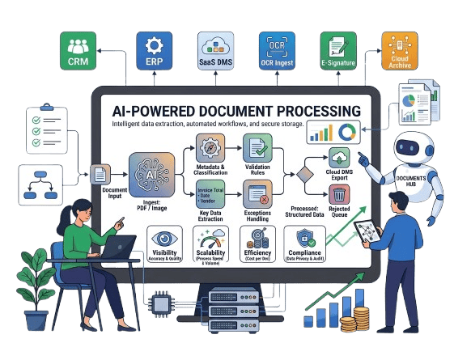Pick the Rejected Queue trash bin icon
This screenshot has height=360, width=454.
tap(339, 194)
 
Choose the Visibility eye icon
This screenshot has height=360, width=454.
tap(166, 239)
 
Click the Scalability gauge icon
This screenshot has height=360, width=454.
tap(213, 239)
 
